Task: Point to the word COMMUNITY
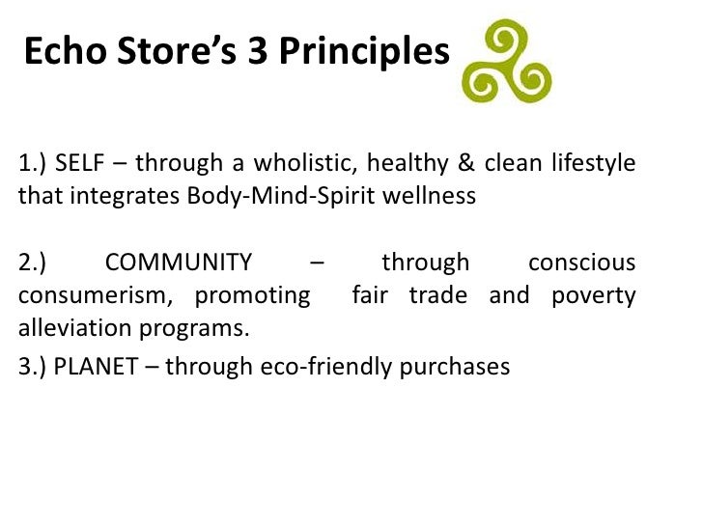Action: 179,263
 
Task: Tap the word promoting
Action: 253,295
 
